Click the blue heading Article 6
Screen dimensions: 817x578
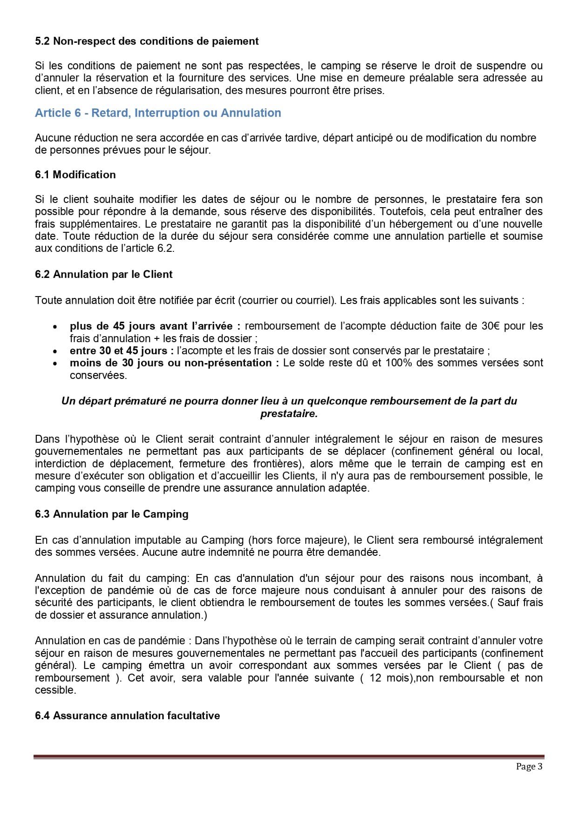[x=158, y=113]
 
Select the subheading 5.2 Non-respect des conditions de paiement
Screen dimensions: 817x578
[x=147, y=41]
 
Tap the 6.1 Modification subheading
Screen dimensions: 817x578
[x=75, y=175]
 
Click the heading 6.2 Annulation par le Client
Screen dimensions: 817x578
[x=103, y=274]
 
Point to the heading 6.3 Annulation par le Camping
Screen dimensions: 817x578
[x=112, y=514]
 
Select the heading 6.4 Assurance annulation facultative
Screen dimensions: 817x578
[x=127, y=716]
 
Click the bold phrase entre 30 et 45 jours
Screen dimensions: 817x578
[x=122, y=351]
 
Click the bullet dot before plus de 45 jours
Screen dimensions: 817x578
[x=55, y=327]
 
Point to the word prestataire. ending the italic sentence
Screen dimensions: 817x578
[x=289, y=413]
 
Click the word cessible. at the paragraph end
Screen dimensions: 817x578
[x=55, y=690]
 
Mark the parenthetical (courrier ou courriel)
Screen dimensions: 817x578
[x=287, y=300]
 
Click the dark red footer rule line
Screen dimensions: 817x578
[x=289, y=757]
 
